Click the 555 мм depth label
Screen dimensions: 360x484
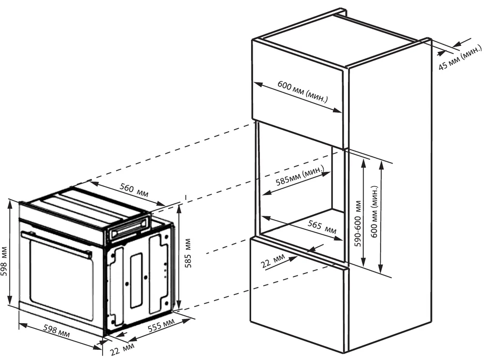[161, 328]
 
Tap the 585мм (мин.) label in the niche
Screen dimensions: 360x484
[300, 177]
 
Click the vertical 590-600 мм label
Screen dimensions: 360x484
[358, 224]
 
